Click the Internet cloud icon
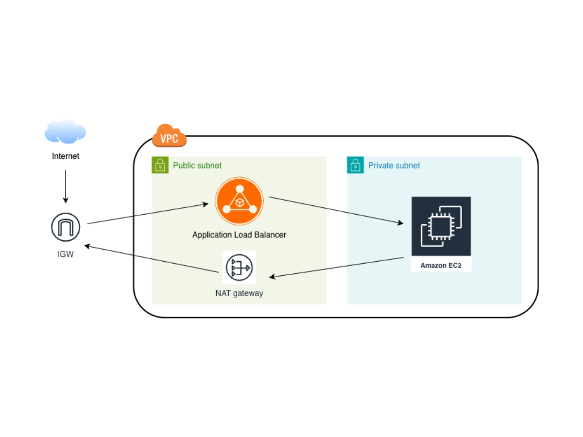pos(65,132)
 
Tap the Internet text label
pos(66,156)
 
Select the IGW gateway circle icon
pos(66,227)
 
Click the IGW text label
pos(66,254)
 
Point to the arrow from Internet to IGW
pos(66,186)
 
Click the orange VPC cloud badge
pos(170,136)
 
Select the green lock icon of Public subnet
pos(160,166)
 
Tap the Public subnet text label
pos(197,166)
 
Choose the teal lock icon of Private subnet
pos(355,166)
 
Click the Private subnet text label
pos(394,166)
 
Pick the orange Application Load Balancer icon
pos(240,201)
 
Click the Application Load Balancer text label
pos(239,235)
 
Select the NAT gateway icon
pos(239,268)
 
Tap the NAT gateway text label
pos(239,293)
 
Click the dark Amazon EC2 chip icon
pos(441,226)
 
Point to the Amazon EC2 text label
pos(441,266)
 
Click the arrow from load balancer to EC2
pos(336,210)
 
